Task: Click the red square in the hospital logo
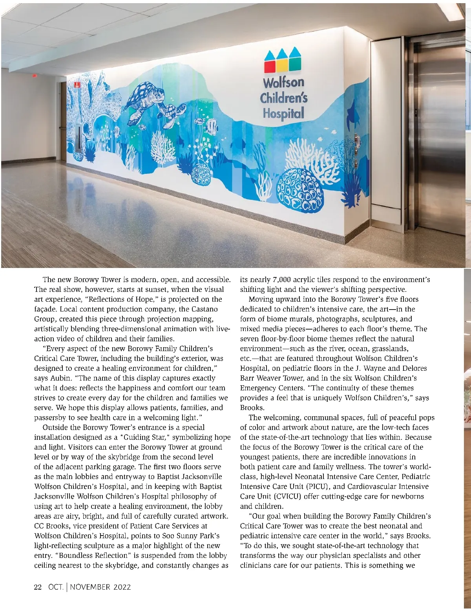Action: [x=270, y=67]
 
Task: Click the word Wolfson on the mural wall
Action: [x=283, y=82]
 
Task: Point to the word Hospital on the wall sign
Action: [x=283, y=113]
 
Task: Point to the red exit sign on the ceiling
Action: [x=34, y=75]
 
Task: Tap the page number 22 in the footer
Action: [x=38, y=587]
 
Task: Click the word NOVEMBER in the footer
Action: [x=90, y=587]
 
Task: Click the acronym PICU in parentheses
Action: [x=318, y=486]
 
